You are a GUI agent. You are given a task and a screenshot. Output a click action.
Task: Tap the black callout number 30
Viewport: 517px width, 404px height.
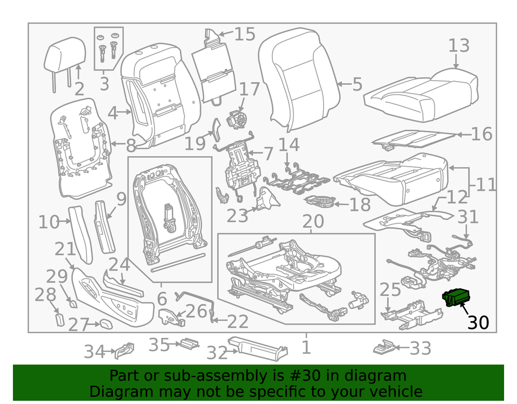[x=478, y=322]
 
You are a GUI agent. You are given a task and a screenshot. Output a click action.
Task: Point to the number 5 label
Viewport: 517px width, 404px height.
[x=357, y=84]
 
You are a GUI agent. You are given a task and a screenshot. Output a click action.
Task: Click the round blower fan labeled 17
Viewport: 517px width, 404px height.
[x=238, y=118]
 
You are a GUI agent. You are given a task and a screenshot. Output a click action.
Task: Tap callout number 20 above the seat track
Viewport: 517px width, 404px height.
[x=313, y=221]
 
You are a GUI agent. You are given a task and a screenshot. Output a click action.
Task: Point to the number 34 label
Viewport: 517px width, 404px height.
[x=94, y=352]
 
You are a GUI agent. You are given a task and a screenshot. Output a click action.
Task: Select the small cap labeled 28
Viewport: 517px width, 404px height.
[x=58, y=317]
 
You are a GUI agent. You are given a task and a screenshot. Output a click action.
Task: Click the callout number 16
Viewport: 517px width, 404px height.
[x=481, y=134]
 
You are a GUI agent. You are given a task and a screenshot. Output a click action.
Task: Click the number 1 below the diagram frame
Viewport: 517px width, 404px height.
[x=306, y=347]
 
